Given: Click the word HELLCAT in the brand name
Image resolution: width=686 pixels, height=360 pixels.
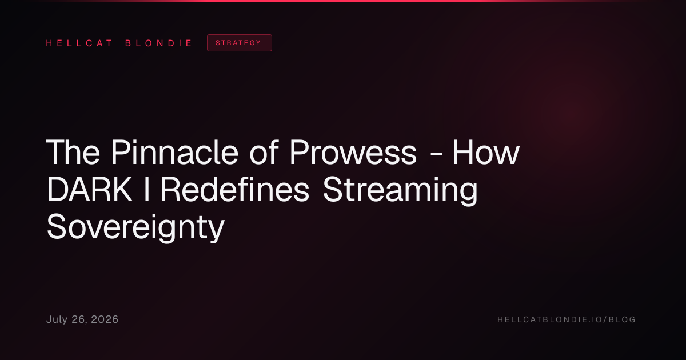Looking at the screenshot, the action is [79, 43].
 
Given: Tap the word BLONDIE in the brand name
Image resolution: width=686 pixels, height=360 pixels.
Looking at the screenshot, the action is [158, 43].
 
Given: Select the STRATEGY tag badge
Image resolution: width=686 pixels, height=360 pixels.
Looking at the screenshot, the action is [240, 43].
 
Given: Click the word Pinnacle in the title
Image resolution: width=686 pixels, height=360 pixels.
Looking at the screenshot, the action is [174, 152].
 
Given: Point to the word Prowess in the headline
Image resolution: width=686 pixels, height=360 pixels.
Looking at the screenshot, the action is [353, 152].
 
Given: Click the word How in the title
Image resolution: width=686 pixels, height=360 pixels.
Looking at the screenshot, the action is [486, 152].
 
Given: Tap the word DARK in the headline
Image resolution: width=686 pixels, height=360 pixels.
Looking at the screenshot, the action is [89, 190].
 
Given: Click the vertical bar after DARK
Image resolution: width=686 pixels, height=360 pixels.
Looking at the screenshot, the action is [147, 190].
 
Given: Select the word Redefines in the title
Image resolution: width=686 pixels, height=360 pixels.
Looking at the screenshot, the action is [235, 190].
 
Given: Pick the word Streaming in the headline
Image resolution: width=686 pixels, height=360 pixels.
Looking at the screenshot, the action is [400, 191].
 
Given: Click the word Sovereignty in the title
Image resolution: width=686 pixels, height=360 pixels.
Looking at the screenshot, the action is [135, 228].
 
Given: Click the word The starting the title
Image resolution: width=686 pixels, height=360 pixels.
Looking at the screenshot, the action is [73, 152].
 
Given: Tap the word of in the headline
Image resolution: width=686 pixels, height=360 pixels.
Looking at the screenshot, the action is [264, 152].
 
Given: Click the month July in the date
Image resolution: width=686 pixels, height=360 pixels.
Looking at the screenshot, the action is [57, 320].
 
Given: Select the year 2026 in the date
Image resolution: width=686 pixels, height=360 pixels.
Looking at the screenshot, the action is [105, 319].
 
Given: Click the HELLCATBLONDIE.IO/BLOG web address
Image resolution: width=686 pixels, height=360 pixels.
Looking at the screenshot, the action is [567, 319].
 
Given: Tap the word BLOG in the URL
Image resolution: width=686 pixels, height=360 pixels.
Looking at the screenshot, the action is [623, 319].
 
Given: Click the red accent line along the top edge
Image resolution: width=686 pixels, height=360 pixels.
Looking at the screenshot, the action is [343, 1].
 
